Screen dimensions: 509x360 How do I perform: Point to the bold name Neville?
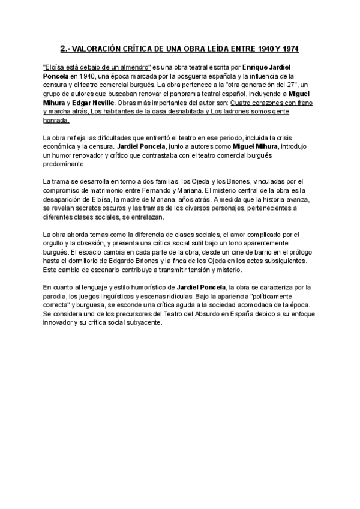tap(95, 103)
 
